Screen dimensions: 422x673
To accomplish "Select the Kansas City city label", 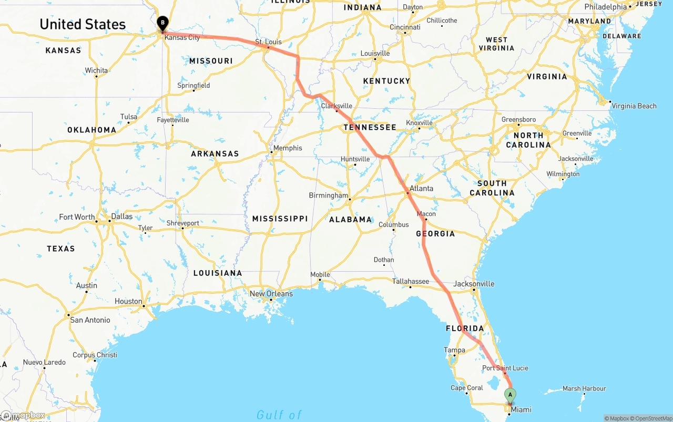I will [x=182, y=38].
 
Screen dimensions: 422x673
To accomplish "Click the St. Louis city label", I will [x=268, y=42].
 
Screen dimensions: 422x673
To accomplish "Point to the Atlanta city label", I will [x=421, y=188].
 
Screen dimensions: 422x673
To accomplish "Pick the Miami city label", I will [x=521, y=410].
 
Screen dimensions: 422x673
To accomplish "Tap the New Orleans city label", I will [x=271, y=294].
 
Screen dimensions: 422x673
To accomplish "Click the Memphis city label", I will [x=288, y=148].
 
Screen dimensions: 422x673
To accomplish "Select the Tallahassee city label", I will [x=411, y=282].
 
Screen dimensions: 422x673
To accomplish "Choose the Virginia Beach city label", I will [x=634, y=106].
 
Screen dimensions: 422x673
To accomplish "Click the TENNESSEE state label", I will [x=370, y=127].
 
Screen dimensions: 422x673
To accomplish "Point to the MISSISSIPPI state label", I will [x=280, y=219].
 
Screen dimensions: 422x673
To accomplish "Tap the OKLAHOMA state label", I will [x=91, y=130].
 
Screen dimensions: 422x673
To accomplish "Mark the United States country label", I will [x=83, y=24].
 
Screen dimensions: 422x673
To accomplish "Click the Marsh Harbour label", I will [x=584, y=389].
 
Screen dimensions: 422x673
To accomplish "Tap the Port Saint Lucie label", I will [x=505, y=368].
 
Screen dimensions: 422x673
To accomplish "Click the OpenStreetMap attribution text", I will [x=650, y=418].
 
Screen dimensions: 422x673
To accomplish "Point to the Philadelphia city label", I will [x=606, y=7].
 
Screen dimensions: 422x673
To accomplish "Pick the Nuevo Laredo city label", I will [x=44, y=363].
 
